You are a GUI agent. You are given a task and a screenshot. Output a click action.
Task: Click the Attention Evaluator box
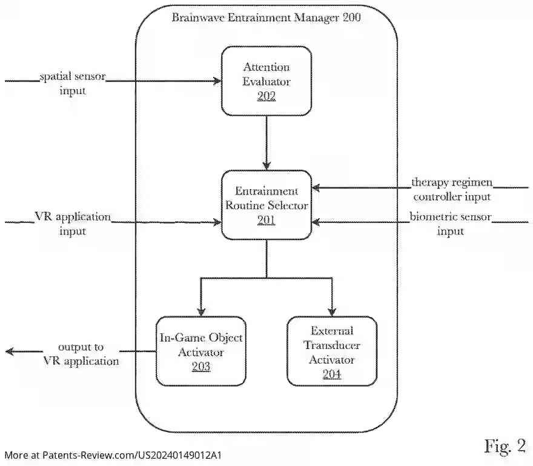(x=266, y=81)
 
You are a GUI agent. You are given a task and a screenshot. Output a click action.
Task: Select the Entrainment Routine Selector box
(x=266, y=204)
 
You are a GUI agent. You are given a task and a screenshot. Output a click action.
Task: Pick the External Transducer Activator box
(x=332, y=351)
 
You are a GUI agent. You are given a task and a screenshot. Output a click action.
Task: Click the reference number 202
(x=266, y=96)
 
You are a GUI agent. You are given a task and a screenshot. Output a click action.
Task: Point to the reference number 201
(x=266, y=221)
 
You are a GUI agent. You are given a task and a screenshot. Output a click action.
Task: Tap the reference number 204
(x=332, y=374)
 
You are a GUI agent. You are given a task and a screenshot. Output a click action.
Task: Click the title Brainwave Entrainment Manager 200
(x=266, y=18)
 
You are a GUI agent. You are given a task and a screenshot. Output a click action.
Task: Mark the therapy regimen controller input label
(x=452, y=189)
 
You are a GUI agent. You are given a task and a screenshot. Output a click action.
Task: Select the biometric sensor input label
(x=451, y=224)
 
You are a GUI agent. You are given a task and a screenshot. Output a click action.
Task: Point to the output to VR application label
(x=81, y=354)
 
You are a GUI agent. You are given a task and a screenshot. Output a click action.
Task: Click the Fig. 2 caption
(x=505, y=446)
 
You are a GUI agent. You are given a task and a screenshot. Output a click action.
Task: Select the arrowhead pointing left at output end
(x=10, y=351)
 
